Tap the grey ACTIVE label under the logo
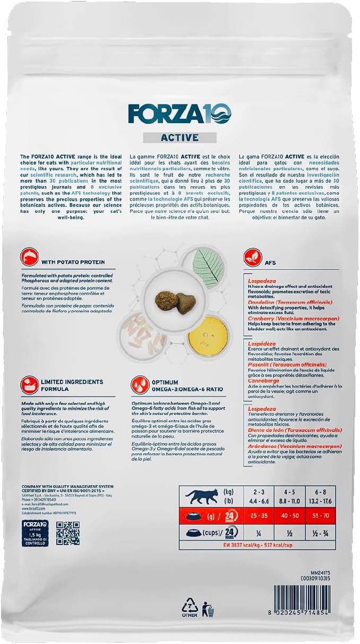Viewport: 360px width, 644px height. click(179, 138)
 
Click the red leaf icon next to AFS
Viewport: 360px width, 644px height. click(253, 258)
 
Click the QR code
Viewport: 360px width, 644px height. click(68, 533)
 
